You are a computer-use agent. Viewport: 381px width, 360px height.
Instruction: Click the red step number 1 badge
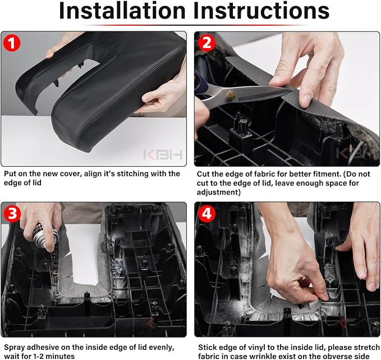tap(12, 43)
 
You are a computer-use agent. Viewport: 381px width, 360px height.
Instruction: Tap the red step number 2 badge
tap(207, 43)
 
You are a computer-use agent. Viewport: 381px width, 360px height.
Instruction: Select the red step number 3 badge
tap(12, 213)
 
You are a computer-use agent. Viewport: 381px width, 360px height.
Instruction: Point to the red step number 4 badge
tap(207, 214)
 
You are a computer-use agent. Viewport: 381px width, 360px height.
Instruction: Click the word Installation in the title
tap(122, 11)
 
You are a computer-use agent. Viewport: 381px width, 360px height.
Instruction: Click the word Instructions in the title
tap(261, 11)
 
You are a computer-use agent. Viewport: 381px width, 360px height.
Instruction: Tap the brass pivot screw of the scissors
tap(231, 95)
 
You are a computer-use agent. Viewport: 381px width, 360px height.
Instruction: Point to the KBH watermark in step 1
tap(163, 154)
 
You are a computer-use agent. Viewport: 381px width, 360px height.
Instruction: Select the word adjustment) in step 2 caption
tap(219, 193)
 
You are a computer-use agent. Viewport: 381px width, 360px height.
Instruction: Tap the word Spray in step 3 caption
tap(15, 347)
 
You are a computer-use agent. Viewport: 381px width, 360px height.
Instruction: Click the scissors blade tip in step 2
tap(292, 91)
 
